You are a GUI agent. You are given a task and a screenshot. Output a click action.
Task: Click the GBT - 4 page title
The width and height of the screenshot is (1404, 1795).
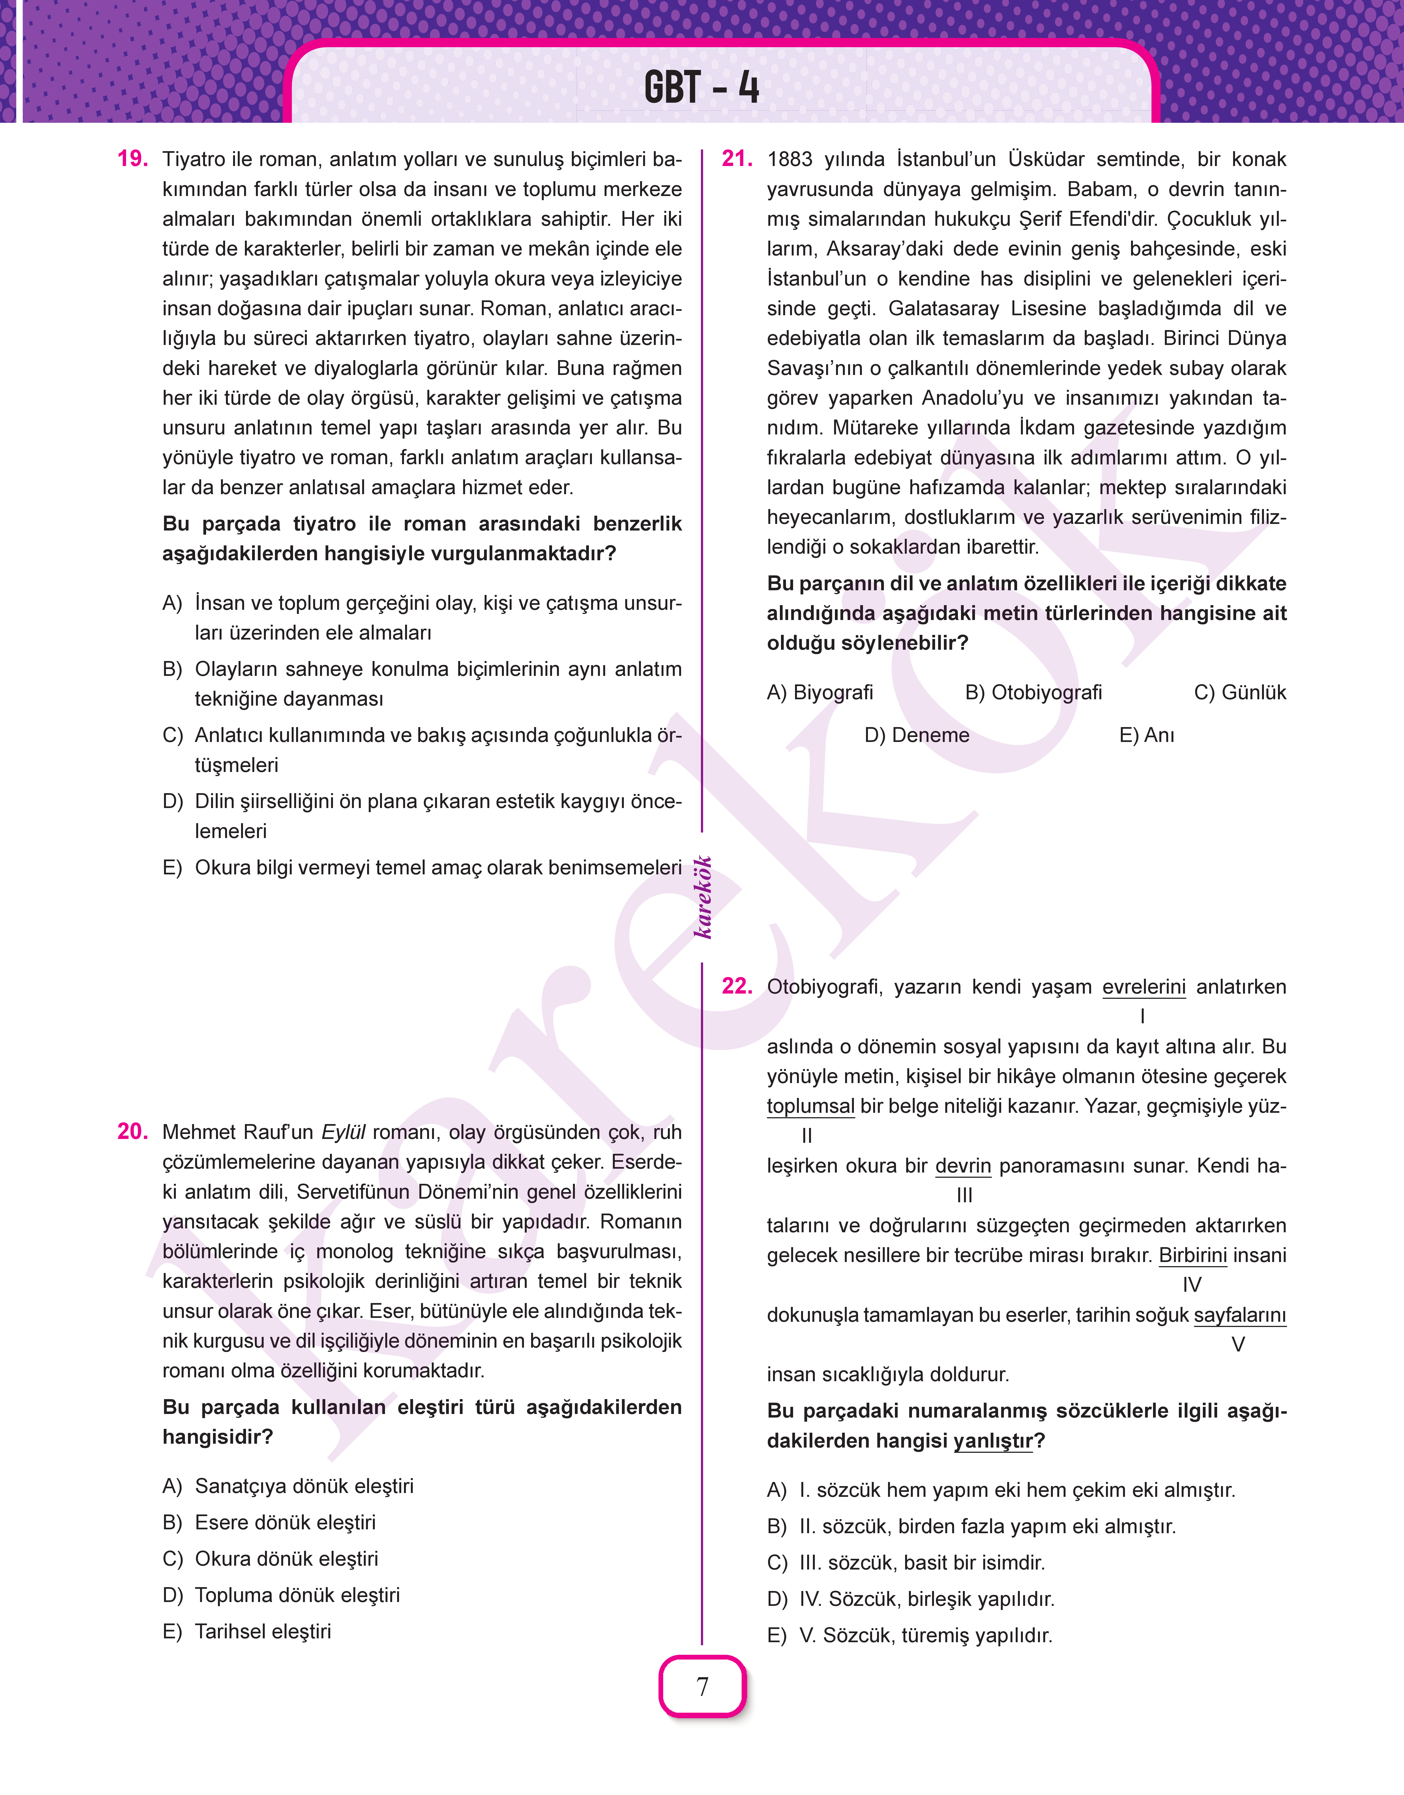(701, 87)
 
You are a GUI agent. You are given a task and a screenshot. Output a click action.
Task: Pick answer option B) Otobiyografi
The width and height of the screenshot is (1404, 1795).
(1033, 692)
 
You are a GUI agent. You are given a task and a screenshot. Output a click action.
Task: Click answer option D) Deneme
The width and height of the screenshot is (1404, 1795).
(917, 735)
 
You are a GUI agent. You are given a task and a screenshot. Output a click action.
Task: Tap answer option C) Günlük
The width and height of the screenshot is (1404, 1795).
(1240, 692)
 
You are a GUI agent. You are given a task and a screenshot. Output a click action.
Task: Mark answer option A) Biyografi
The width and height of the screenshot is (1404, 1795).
(820, 692)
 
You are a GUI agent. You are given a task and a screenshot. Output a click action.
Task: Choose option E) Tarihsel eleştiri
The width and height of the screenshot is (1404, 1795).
(247, 1631)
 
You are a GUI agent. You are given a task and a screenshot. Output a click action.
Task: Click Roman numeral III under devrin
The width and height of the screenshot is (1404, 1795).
(964, 1195)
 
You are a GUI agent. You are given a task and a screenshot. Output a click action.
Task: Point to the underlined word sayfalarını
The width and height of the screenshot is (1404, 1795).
(1240, 1315)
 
